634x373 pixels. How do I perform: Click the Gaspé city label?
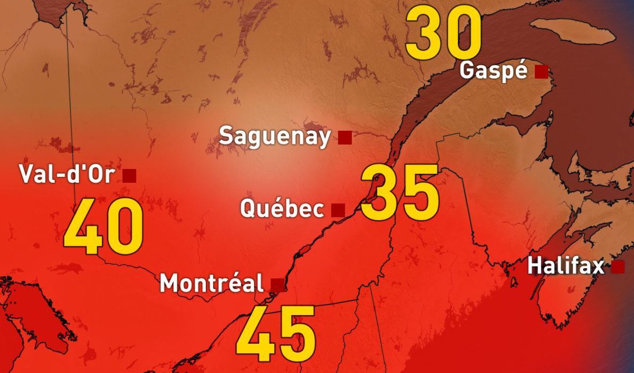pos(493,71)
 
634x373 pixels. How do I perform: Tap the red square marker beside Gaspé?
pos(541,72)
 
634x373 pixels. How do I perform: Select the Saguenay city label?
pos(275,137)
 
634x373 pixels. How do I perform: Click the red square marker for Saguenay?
pos(345,138)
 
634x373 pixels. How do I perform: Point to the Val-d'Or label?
pos(66,174)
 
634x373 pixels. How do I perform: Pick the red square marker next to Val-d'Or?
pos(129,175)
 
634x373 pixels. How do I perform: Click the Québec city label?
pos(282,208)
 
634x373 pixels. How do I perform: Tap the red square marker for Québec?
pos(338,210)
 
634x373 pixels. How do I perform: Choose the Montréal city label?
pos(211,283)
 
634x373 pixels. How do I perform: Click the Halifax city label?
pos(566,266)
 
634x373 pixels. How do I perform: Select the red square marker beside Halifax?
pos(618,267)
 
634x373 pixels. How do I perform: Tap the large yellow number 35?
pos(400,192)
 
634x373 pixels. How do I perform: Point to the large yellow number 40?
pos(103,230)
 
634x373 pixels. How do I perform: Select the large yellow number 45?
pos(276,333)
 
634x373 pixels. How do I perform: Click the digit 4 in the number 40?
pos(83,230)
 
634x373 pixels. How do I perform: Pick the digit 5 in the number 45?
pos(297,333)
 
